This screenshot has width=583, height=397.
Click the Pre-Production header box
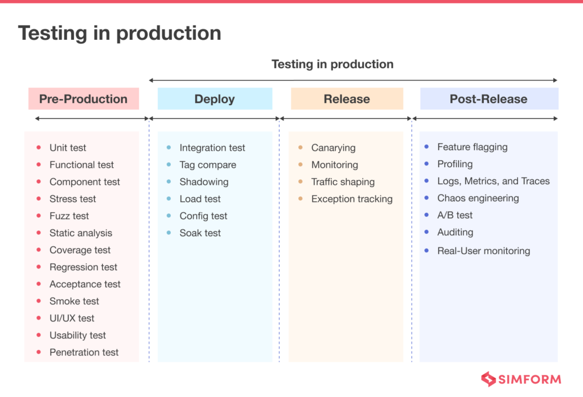click(83, 99)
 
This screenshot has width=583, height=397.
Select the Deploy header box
click(215, 99)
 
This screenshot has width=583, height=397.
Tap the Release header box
click(347, 99)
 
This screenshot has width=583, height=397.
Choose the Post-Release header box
click(488, 99)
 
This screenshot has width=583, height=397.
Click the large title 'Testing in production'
click(120, 33)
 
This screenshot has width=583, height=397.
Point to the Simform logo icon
click(488, 379)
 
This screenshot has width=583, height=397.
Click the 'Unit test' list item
click(68, 148)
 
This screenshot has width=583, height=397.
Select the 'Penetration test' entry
click(84, 353)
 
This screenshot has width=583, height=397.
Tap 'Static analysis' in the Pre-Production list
click(81, 233)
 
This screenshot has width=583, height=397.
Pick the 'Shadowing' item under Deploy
click(204, 182)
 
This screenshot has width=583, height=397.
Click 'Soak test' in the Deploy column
click(200, 233)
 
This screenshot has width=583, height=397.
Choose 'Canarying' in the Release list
click(333, 148)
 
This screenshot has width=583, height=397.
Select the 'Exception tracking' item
click(351, 199)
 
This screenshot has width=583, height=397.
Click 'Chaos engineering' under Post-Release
click(478, 198)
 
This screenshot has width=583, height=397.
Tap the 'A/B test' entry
click(455, 216)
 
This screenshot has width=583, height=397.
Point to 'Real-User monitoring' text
click(483, 251)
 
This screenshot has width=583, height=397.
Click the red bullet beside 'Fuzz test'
click(39, 216)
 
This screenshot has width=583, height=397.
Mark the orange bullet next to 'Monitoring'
click(301, 165)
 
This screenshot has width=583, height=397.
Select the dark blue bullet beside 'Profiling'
click(426, 164)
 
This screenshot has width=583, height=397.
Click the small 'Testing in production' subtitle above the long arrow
click(332, 64)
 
